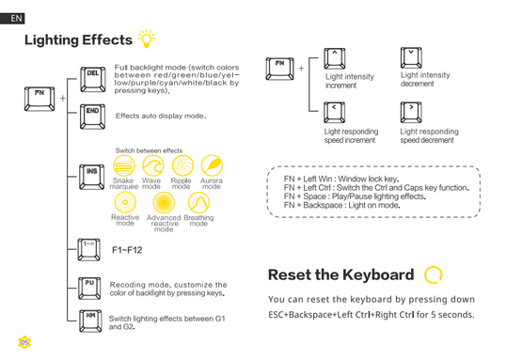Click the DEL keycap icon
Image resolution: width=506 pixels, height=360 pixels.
93,79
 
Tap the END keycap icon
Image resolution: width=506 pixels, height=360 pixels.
92,117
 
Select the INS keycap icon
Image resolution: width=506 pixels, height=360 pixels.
92,177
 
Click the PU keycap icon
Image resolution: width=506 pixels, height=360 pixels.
89,288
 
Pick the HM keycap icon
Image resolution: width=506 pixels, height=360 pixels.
90,321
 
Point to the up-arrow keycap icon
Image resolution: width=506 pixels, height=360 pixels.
335,58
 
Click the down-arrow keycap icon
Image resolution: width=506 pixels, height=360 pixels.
411,57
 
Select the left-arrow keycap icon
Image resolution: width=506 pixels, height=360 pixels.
334,112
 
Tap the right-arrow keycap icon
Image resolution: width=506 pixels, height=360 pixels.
411,112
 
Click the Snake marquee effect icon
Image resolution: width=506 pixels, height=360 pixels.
124,165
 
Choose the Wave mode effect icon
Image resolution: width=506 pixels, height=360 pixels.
153,165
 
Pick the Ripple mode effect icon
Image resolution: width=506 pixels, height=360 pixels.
182,165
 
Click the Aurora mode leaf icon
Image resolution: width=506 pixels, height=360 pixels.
212,165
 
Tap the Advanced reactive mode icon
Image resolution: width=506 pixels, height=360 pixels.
164,203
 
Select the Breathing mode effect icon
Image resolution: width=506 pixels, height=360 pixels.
198,203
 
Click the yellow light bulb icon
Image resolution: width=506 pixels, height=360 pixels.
147,39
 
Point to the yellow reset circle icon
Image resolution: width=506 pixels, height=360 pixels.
433,274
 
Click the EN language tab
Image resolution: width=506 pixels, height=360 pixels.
12,19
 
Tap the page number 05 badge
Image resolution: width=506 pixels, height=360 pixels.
24,342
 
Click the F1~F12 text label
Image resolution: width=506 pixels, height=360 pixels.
127,250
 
